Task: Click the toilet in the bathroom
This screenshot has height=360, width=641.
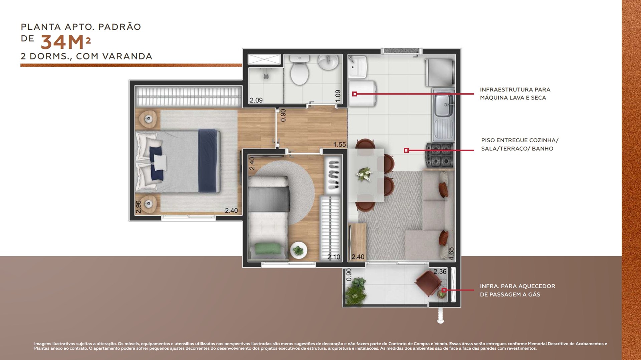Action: pyautogui.click(x=299, y=70)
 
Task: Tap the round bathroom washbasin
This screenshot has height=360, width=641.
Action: pyautogui.click(x=328, y=62)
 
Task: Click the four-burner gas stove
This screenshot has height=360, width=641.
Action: pyautogui.click(x=439, y=155)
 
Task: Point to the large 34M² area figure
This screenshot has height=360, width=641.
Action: pyautogui.click(x=66, y=42)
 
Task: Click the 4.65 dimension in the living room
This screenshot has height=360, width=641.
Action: pyautogui.click(x=451, y=253)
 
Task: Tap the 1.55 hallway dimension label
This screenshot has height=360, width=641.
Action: pyautogui.click(x=340, y=145)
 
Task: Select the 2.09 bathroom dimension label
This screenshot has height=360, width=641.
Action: pyautogui.click(x=256, y=100)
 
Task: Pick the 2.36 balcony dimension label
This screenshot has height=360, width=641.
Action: pyautogui.click(x=440, y=272)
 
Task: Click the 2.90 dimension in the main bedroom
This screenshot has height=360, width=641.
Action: pyautogui.click(x=138, y=207)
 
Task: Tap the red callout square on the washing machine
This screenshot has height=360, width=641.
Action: pyautogui.click(x=355, y=94)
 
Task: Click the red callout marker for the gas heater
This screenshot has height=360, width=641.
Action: pyautogui.click(x=444, y=290)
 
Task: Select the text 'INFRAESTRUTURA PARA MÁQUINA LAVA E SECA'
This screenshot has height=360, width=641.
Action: pyautogui.click(x=515, y=94)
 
